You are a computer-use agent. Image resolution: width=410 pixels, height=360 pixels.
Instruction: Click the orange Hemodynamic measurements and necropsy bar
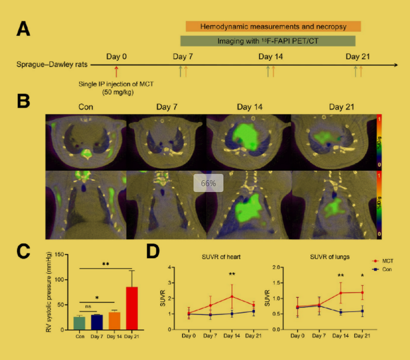point(273,26)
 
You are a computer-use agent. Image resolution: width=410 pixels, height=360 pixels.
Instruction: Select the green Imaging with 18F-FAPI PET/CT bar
point(268,41)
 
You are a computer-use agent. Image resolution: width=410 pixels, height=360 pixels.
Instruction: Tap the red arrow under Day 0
point(116,71)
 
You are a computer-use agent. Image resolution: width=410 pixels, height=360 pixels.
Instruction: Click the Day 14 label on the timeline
point(270,56)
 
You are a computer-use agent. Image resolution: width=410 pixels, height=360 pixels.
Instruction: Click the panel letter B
point(23,101)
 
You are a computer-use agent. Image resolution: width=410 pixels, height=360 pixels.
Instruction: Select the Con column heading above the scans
point(87,107)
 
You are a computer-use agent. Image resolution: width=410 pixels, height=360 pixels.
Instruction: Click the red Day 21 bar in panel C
point(132,308)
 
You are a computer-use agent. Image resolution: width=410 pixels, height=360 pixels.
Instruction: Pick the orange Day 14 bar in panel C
point(114,320)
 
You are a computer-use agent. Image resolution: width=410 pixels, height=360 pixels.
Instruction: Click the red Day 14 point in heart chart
point(232,296)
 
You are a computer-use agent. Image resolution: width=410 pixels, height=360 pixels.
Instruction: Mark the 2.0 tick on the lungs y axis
point(281,267)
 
